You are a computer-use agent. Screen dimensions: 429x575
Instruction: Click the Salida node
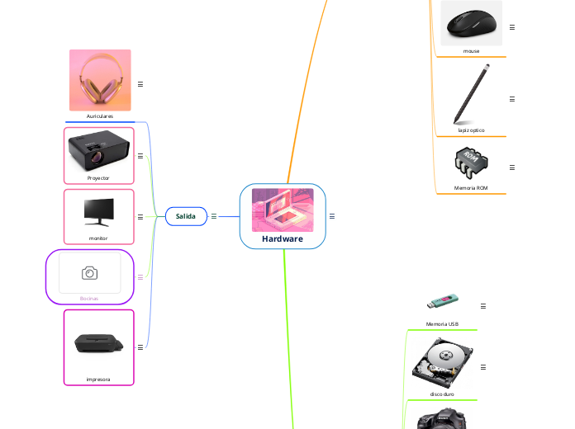pos(186,216)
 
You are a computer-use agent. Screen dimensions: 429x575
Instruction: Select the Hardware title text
pos(283,239)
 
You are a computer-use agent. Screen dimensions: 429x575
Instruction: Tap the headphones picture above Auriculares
pos(100,80)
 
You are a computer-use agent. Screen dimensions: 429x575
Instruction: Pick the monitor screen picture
pos(98,212)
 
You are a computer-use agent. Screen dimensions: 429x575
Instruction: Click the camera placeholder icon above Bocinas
pos(89,272)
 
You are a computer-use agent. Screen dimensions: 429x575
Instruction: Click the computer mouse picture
pos(471,23)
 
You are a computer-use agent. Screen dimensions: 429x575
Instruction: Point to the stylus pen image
pos(471,92)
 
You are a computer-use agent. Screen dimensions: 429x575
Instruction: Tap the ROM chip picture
pos(471,163)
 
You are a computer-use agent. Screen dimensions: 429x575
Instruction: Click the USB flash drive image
pos(442,303)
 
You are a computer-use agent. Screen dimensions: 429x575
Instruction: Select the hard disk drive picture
pos(442,363)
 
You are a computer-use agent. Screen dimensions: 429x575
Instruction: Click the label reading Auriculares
pos(100,116)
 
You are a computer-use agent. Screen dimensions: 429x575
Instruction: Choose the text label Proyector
pos(98,177)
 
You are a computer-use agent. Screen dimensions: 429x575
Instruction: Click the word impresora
pos(98,379)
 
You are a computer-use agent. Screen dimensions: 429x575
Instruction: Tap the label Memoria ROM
pos(471,188)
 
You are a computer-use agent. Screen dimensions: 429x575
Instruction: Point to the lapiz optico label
pos(471,130)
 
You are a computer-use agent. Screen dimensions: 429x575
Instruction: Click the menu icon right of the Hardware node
pos(331,216)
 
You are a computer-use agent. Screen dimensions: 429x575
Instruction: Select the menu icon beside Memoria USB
pos(483,306)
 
